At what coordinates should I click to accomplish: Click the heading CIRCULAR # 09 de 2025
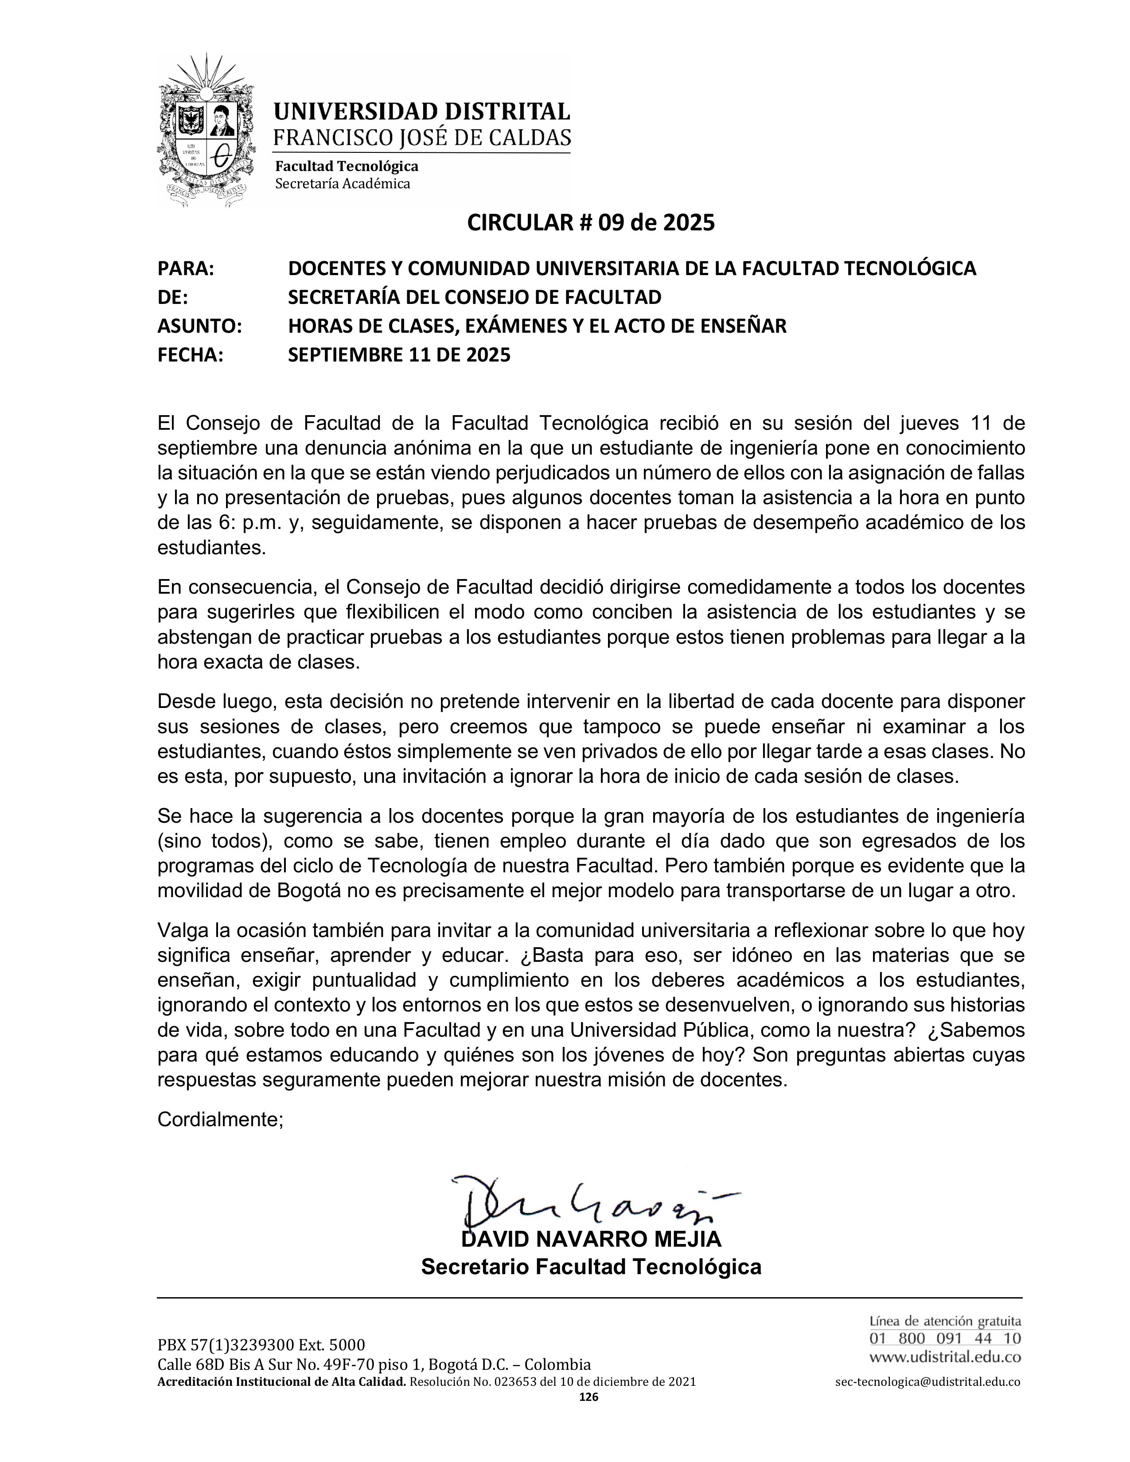click(590, 222)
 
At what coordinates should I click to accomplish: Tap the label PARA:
click(185, 268)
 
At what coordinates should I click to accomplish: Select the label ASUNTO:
click(199, 326)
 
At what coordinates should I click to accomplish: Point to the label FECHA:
click(190, 355)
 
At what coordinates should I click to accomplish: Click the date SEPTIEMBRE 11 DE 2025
click(399, 355)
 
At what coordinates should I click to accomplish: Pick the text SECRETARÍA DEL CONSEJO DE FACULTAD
click(475, 297)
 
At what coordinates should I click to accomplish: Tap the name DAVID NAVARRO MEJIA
click(591, 1239)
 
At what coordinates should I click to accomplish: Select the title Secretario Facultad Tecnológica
click(591, 1267)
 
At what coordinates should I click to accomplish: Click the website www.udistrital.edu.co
click(945, 1357)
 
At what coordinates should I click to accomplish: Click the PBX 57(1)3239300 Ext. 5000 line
click(261, 1345)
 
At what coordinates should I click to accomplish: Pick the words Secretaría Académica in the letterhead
click(343, 183)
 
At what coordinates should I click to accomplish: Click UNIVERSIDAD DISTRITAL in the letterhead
click(422, 111)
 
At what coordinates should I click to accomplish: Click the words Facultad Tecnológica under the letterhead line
click(347, 166)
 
